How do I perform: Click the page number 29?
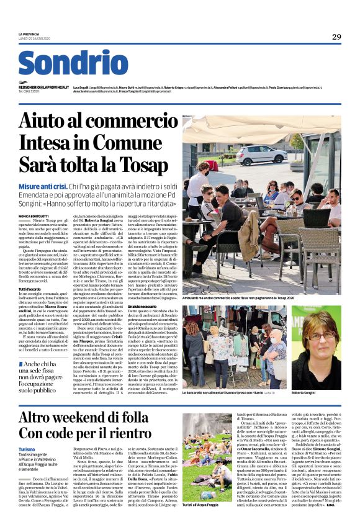(x=336, y=37)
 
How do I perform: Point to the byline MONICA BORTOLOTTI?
(x=35, y=216)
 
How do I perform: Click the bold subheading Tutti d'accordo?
(x=30, y=289)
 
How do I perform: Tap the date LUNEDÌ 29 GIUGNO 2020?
(x=34, y=39)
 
